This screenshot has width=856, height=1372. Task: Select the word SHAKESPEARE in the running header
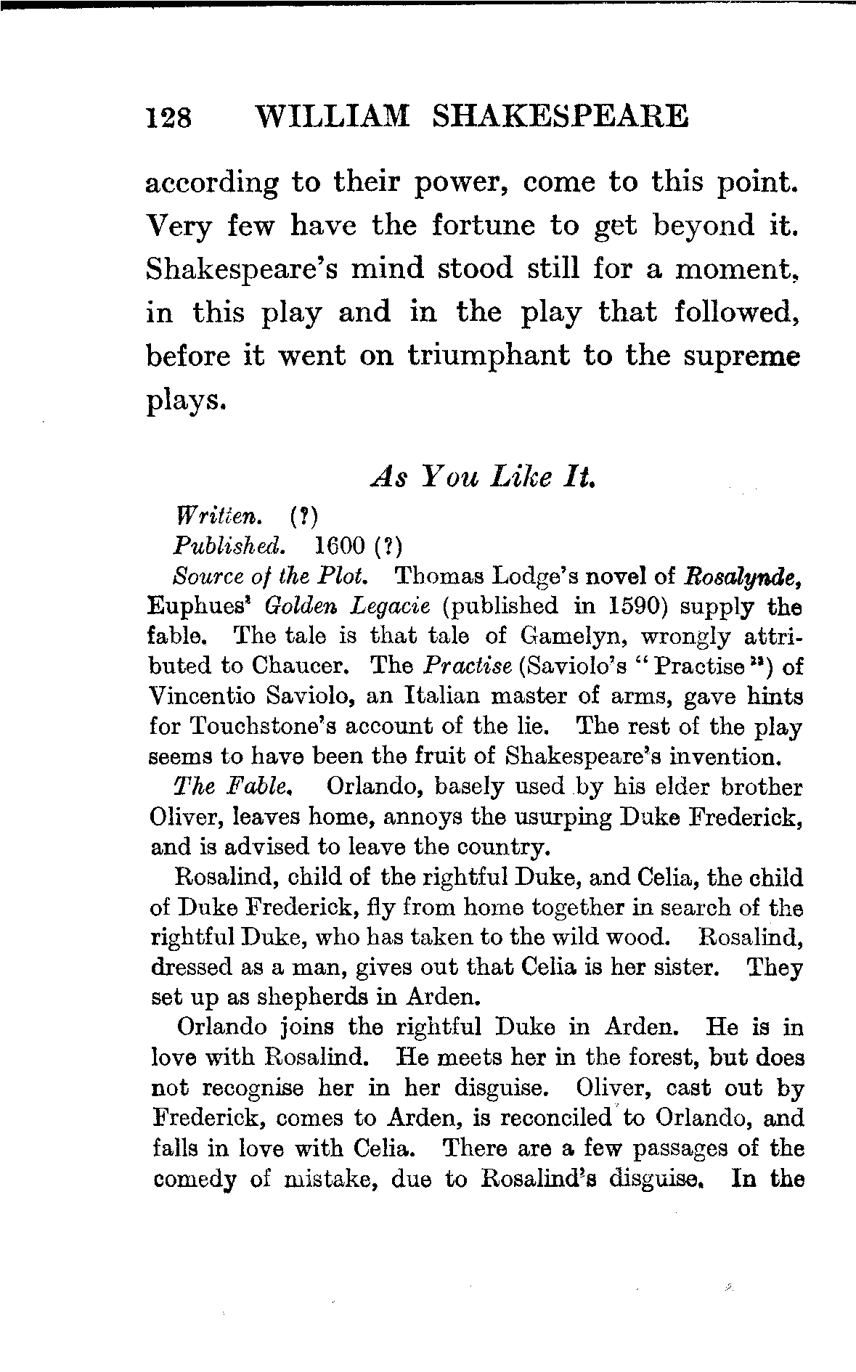[x=559, y=115]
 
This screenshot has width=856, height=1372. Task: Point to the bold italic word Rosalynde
[x=743, y=576]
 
